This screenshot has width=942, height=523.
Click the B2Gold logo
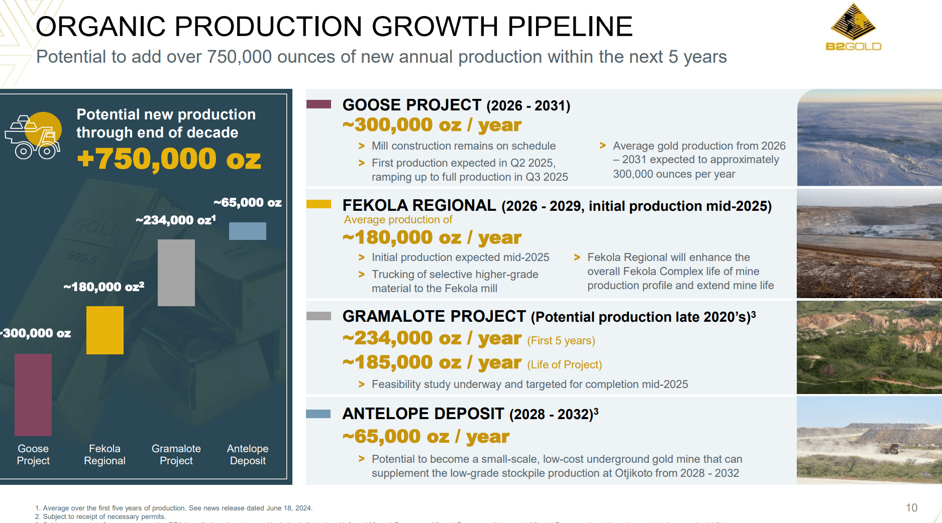(853, 28)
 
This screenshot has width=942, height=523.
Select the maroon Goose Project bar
(33, 395)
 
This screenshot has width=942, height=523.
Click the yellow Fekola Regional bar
(105, 330)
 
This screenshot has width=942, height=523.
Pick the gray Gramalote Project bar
(176, 273)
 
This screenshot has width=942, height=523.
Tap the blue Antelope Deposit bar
(248, 231)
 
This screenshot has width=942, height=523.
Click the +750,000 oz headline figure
(169, 159)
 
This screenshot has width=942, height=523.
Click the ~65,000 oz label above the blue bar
(247, 202)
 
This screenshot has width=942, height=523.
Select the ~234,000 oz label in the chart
(175, 220)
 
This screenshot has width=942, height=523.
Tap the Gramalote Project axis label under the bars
(176, 454)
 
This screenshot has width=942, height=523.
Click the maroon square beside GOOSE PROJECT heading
(319, 104)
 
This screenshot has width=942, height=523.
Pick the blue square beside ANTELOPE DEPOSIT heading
(319, 414)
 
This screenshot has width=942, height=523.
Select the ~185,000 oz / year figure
(432, 362)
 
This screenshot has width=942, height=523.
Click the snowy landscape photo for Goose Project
(869, 138)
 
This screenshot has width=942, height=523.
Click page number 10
(911, 507)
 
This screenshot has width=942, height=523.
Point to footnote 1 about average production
(174, 508)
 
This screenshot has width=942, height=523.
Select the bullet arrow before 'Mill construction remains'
(361, 146)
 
